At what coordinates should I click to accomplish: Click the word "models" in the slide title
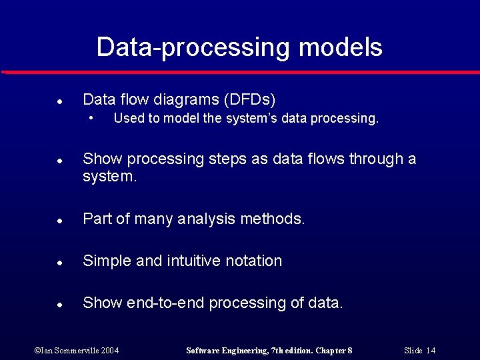[341, 48]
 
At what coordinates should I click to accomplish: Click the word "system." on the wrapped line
[109, 177]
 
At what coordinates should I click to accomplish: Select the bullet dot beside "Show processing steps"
[59, 161]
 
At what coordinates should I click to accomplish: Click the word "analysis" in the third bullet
[207, 219]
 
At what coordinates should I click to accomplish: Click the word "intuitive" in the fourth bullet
[199, 261]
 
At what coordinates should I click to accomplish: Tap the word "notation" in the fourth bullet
[255, 261]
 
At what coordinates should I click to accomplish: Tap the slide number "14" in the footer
[431, 351]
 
